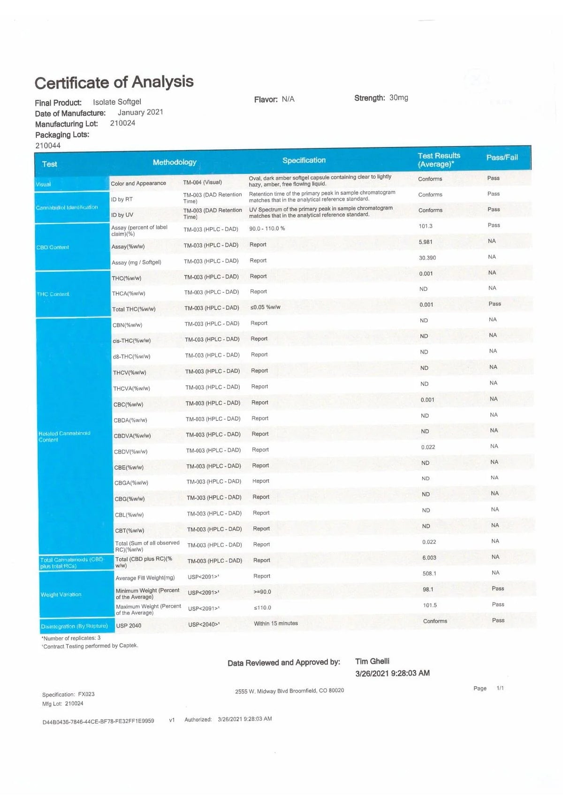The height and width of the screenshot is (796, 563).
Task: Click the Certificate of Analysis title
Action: (114, 83)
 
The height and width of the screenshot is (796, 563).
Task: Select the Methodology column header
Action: (175, 162)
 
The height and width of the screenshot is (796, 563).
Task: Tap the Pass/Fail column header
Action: (502, 157)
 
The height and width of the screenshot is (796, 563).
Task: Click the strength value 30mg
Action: (399, 98)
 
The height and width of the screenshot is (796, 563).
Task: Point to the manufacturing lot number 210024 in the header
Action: (122, 123)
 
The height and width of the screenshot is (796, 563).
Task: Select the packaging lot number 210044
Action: (48, 145)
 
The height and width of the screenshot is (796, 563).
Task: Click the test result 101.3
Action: (426, 226)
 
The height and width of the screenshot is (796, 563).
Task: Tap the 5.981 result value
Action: (426, 242)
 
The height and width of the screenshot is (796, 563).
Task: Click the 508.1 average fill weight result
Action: (429, 574)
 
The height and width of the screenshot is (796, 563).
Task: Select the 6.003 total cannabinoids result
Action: (429, 558)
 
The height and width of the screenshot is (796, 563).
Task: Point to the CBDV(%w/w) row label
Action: (130, 452)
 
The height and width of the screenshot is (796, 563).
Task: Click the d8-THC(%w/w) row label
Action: (131, 356)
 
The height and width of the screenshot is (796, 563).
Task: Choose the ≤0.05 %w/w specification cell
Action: (266, 307)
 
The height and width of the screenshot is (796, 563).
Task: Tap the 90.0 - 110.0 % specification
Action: (267, 228)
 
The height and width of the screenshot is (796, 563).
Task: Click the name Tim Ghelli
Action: (372, 661)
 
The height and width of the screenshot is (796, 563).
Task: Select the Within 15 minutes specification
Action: (276, 623)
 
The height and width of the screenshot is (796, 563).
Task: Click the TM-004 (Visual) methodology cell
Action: (202, 182)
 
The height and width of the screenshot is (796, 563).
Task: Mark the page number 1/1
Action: (500, 688)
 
